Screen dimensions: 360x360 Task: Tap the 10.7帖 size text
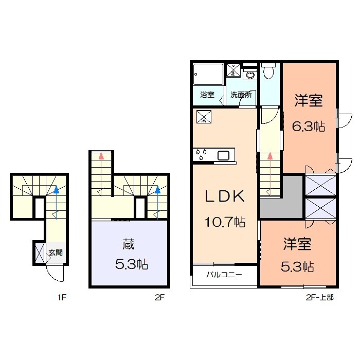click(225, 223)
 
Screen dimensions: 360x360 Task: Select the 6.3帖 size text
click(309, 126)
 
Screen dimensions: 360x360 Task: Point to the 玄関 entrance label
click(56, 253)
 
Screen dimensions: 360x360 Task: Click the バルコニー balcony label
click(224, 274)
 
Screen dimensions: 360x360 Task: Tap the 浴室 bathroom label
click(207, 95)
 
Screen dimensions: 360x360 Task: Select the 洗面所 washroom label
click(240, 95)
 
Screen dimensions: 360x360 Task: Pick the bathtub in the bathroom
click(208, 75)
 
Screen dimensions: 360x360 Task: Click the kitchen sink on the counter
click(224, 154)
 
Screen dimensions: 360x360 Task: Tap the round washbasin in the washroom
click(250, 76)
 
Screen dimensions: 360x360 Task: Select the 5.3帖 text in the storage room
click(131, 265)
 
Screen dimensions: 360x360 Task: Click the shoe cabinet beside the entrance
click(39, 253)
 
